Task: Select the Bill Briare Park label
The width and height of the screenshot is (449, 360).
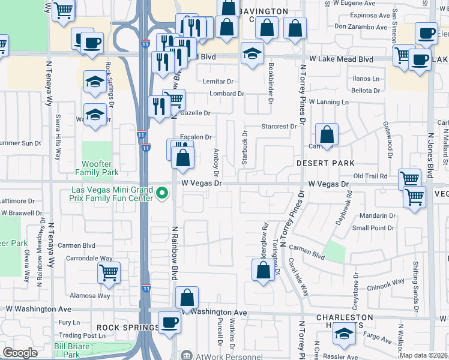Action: [x=71, y=350]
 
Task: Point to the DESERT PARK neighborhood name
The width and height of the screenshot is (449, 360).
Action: [x=324, y=163]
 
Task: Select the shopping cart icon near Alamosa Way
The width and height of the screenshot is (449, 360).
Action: [x=109, y=272]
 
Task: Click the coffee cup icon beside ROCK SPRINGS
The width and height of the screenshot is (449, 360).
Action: [x=169, y=322]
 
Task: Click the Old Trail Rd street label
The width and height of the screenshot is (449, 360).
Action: [x=373, y=176]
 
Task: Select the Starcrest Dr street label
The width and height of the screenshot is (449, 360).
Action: [x=279, y=127]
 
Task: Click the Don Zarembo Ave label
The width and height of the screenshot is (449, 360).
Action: [x=359, y=26]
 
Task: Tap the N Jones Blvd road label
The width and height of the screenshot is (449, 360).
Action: [x=431, y=156]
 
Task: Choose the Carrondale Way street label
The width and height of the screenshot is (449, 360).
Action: [x=89, y=259]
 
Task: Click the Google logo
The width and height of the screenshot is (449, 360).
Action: [x=20, y=353]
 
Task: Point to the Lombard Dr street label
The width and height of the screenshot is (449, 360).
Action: [x=227, y=94]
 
